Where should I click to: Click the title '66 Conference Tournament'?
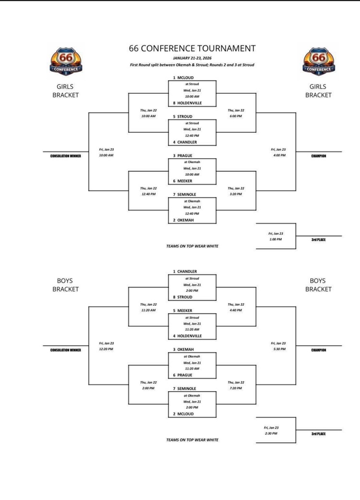coord(192,48)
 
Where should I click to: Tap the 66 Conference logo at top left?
coord(65,62)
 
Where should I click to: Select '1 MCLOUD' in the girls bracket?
coord(184,78)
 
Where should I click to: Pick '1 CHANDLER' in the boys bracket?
coord(185,271)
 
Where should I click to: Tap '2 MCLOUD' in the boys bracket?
coord(184,414)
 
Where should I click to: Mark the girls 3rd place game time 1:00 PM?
coord(275,239)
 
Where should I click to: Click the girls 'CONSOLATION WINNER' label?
coord(65,156)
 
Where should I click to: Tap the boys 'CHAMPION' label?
coord(318,350)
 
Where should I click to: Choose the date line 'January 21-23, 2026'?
coord(192,58)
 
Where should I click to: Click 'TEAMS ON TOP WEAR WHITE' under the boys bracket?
coord(192,440)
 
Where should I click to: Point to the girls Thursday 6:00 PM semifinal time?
coord(236,116)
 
